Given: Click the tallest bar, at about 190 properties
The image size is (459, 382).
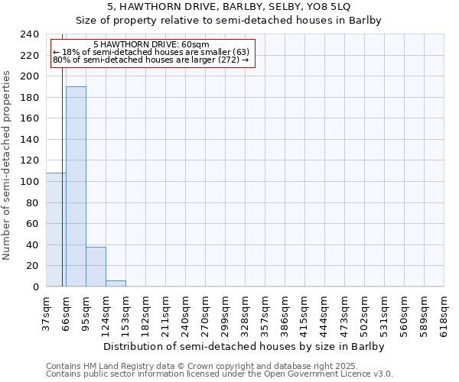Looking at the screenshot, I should pyautogui.click(x=76, y=186).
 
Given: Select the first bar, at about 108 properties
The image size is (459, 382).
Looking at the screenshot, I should pyautogui.click(x=56, y=229).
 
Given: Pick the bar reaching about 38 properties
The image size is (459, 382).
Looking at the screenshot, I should pyautogui.click(x=96, y=267).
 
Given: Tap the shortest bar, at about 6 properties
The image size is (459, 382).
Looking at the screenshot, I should pyautogui.click(x=116, y=283).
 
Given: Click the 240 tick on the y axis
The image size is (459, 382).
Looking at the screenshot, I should pyautogui.click(x=30, y=34).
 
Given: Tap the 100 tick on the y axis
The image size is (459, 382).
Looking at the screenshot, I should pyautogui.click(x=30, y=182).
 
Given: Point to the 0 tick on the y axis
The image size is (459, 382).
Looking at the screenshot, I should pyautogui.click(x=35, y=286).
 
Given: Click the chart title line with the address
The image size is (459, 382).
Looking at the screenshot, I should pyautogui.click(x=229, y=6).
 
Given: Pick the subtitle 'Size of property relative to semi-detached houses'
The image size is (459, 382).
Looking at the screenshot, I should pyautogui.click(x=229, y=20).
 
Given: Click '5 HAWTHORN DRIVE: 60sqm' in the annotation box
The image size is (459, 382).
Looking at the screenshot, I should pyautogui.click(x=151, y=44).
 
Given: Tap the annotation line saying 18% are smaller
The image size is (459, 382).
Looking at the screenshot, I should pyautogui.click(x=151, y=52).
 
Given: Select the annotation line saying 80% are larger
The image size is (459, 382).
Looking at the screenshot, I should pyautogui.click(x=151, y=60).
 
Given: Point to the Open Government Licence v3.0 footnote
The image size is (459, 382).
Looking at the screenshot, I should pyautogui.click(x=220, y=374).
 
